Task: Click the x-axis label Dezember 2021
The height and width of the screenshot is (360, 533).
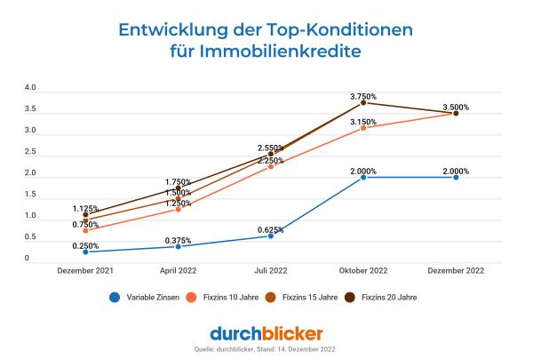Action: click(85, 269)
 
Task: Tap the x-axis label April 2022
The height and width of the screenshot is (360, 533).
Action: click(178, 269)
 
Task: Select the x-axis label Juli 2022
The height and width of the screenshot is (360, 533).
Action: click(271, 269)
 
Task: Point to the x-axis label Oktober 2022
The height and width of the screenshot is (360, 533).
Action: click(363, 269)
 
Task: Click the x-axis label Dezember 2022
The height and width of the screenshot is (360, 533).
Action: click(456, 269)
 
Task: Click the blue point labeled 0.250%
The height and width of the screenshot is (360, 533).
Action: click(85, 252)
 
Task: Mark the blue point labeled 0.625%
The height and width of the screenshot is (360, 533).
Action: click(271, 236)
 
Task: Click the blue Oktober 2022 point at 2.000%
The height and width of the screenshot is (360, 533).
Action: click(363, 177)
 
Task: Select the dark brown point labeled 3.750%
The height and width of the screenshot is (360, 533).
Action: click(363, 102)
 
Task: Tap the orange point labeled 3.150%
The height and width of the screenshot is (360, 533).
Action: click(363, 128)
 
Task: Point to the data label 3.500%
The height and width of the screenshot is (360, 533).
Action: click(456, 107)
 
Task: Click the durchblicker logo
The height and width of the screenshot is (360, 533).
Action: click(266, 333)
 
